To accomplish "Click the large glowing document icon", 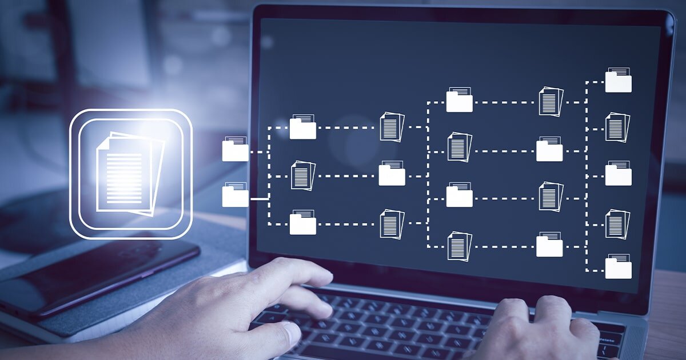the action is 130,173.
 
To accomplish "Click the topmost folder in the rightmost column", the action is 618,81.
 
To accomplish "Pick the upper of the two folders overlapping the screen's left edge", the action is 236,149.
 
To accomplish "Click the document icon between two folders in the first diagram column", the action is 303,175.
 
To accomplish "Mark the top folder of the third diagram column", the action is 459,100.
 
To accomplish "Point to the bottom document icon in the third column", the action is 460,246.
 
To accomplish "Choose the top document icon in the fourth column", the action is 551,102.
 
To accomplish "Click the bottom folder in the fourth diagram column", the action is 549,245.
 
